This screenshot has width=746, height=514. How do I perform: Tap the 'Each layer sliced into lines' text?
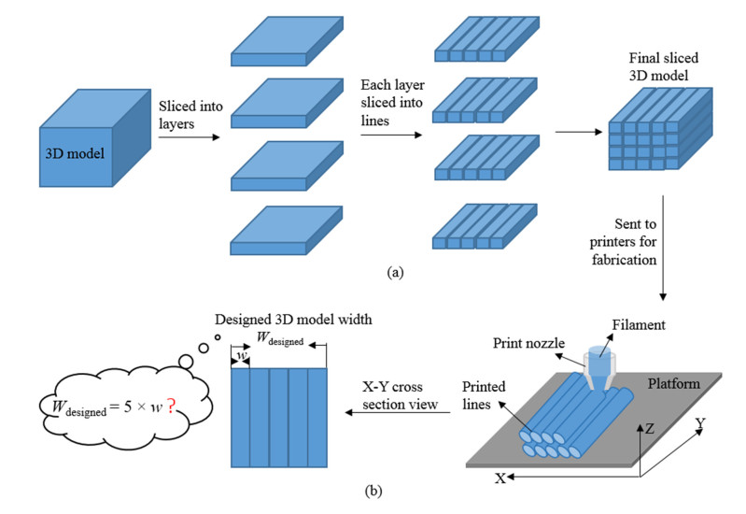pyautogui.click(x=389, y=102)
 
